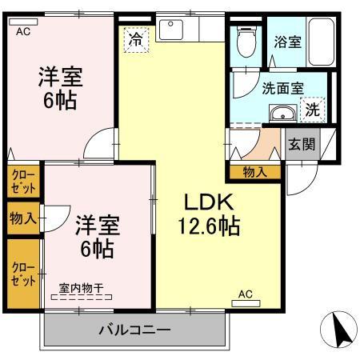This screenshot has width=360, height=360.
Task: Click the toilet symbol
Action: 246,41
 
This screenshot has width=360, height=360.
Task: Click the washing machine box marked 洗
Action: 313,110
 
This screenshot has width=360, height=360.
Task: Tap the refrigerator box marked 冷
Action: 134,39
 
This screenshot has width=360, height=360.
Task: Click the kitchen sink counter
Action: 190,30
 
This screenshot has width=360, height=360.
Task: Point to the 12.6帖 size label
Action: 208,226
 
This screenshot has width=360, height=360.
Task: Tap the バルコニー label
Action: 134,330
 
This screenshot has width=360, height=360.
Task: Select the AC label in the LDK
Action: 246,294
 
